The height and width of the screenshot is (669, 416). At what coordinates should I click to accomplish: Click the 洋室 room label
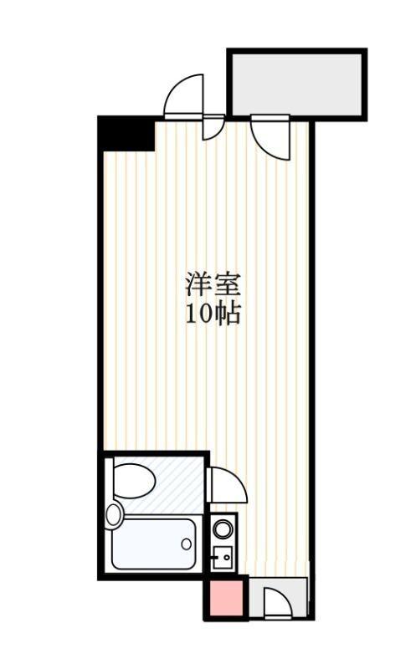point(213,284)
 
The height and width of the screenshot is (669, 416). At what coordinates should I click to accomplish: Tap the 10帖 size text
point(213,314)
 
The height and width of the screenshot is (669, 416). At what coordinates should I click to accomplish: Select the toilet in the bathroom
point(134,482)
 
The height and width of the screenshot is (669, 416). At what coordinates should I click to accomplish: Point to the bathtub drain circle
point(186,544)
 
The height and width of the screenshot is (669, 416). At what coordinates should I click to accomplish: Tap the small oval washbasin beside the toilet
point(114,514)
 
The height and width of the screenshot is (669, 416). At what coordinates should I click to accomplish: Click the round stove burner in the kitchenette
point(223,529)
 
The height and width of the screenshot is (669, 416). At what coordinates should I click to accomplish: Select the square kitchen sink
point(223,556)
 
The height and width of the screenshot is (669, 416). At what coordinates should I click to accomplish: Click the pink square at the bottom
point(224,598)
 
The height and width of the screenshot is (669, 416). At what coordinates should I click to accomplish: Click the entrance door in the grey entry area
point(276,602)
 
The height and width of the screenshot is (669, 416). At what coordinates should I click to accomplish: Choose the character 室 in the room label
point(228,284)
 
